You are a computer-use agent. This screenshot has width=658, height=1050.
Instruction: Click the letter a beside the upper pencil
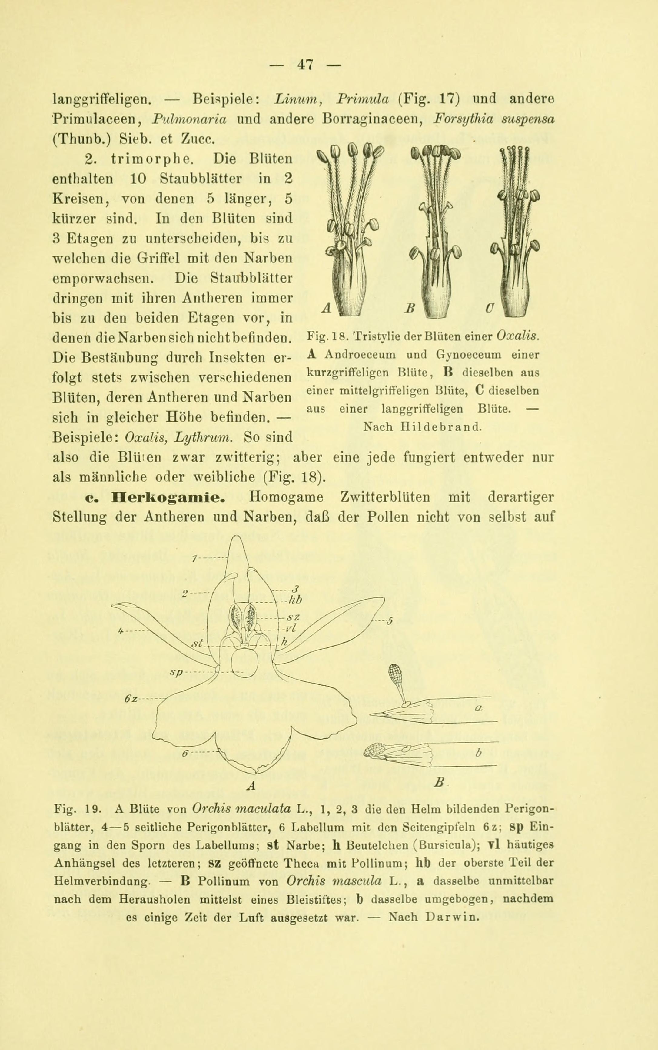point(477,709)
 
